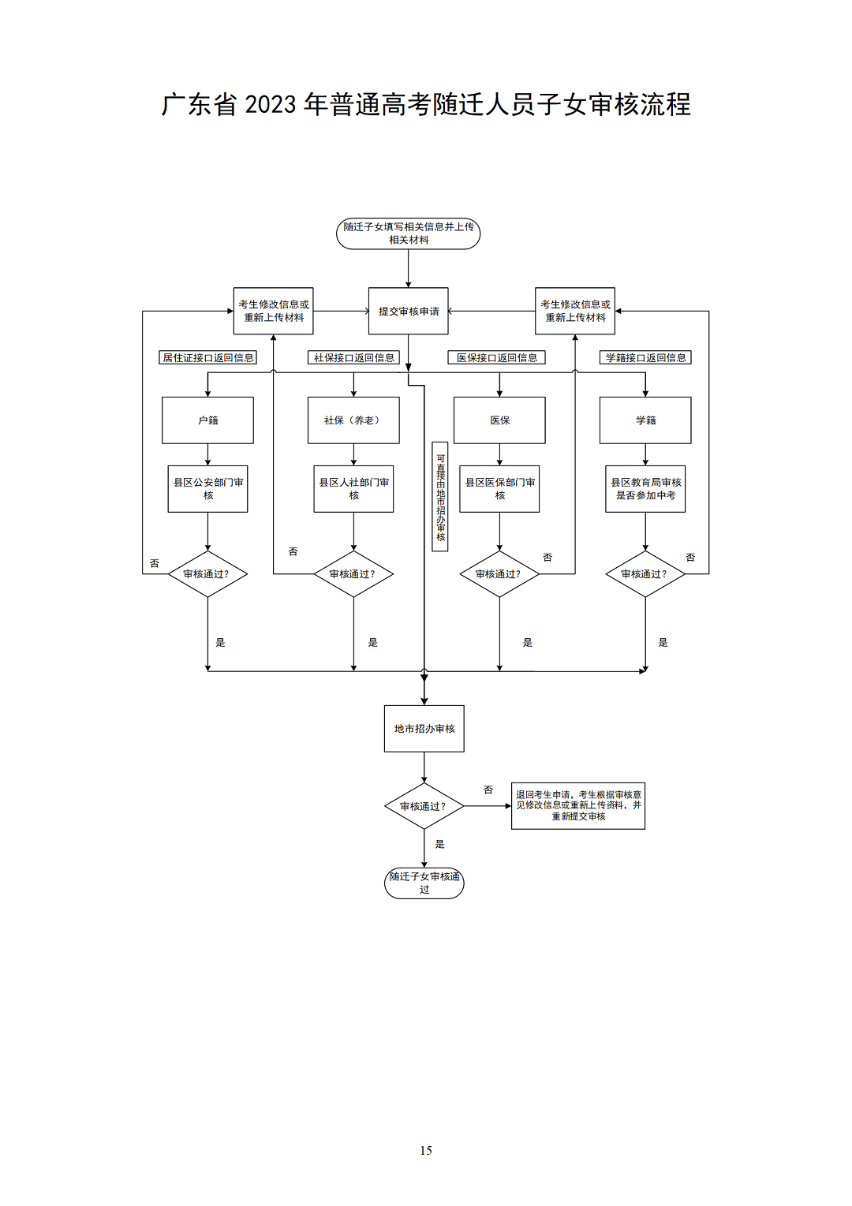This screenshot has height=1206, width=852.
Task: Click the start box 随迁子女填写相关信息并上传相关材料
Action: coord(408,233)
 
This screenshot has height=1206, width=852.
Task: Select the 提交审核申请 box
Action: coord(408,311)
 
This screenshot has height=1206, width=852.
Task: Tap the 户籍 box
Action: coord(207,420)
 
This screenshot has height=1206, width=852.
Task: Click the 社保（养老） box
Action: coord(353,420)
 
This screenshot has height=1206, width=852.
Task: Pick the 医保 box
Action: coord(499,420)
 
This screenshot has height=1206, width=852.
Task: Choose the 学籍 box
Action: coord(645,420)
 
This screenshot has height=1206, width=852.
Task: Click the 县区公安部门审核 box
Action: coord(207,489)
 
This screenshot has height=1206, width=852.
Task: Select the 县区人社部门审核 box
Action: coord(353,489)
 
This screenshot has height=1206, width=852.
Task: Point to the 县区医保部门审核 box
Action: coord(499,489)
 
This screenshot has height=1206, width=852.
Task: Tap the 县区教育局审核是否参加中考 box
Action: coord(645,489)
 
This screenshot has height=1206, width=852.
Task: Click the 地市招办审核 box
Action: coord(424,729)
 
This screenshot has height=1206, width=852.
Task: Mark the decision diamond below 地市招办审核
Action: coord(424,806)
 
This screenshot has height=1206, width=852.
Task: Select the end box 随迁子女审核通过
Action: coord(424,883)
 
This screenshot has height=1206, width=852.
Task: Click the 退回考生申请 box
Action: coord(578,805)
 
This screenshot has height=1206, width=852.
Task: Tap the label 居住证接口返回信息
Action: coord(208,358)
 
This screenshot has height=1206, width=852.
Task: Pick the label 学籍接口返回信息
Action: coord(645,358)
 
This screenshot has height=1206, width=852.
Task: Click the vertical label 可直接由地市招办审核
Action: coord(440,497)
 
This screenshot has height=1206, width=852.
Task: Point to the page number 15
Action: coord(426,1151)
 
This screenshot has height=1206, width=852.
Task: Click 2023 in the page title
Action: coord(270,105)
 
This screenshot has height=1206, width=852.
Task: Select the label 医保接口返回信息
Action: coord(497,358)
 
